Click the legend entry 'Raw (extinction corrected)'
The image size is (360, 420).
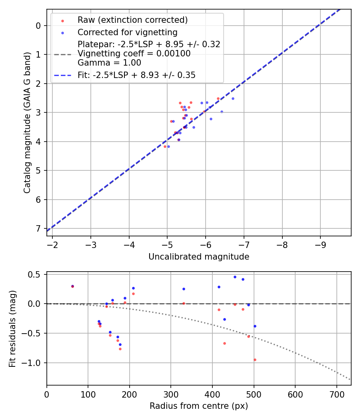(132, 20)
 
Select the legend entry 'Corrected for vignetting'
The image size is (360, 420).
(127, 32)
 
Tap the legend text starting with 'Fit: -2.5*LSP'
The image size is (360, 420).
(136, 75)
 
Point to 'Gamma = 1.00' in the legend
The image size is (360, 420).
(109, 63)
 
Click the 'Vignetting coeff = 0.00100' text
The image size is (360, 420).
(134, 54)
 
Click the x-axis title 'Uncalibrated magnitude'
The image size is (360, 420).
(199, 257)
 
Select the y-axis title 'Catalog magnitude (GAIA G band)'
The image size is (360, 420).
(27, 122)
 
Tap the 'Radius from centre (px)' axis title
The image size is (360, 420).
(199, 406)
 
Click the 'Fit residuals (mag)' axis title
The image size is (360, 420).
(12, 328)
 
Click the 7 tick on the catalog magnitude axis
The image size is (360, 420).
(38, 228)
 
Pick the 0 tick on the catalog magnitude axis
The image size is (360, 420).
(38, 26)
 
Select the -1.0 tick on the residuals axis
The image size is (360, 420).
(33, 363)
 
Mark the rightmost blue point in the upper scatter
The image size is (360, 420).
(233, 98)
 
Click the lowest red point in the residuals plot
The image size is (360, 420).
(255, 360)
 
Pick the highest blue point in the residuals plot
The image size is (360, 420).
(235, 277)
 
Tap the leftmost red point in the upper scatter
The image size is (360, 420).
(165, 146)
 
